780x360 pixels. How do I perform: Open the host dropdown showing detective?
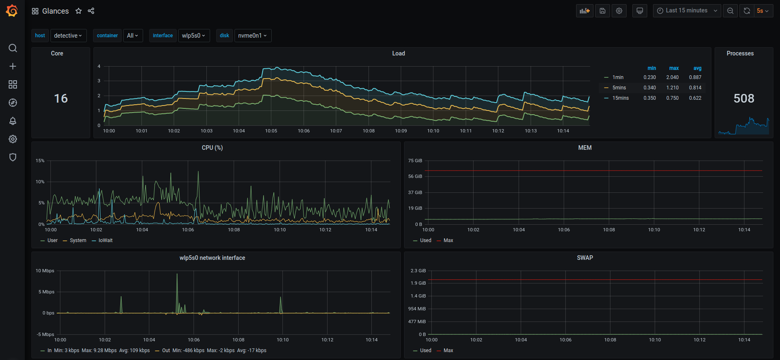[68, 36]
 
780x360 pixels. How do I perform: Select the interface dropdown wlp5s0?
[194, 36]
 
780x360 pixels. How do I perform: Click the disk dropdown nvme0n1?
[253, 36]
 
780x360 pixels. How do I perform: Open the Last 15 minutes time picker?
[687, 11]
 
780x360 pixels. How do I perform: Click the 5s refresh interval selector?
[763, 11]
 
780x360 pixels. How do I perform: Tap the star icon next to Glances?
[79, 11]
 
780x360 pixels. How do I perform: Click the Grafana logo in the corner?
[12, 11]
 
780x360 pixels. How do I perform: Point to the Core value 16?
[61, 98]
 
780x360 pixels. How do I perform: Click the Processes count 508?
[744, 98]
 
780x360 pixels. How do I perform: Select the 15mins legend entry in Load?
[620, 98]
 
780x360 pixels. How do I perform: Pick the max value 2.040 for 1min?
[672, 77]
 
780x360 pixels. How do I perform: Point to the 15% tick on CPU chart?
[40, 161]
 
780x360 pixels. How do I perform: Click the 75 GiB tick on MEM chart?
[415, 161]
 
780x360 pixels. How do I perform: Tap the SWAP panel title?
[585, 258]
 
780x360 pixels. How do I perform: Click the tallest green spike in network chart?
[177, 274]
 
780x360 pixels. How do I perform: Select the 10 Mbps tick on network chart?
[45, 271]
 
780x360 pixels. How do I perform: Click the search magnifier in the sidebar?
[13, 48]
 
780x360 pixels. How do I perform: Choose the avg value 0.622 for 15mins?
[695, 98]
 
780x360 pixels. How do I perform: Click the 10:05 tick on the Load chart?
[271, 131]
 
